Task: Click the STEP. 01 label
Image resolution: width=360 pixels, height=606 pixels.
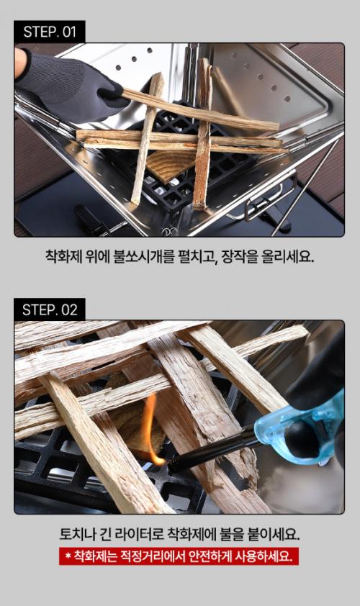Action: tap(50, 31)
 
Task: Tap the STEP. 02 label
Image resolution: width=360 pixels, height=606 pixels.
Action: tap(50, 309)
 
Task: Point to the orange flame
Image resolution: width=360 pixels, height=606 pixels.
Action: tap(150, 429)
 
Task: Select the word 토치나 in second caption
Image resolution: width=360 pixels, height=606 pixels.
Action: tap(76, 535)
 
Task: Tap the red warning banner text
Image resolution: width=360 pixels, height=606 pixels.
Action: tap(179, 556)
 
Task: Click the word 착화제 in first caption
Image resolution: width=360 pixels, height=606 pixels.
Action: tap(63, 256)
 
